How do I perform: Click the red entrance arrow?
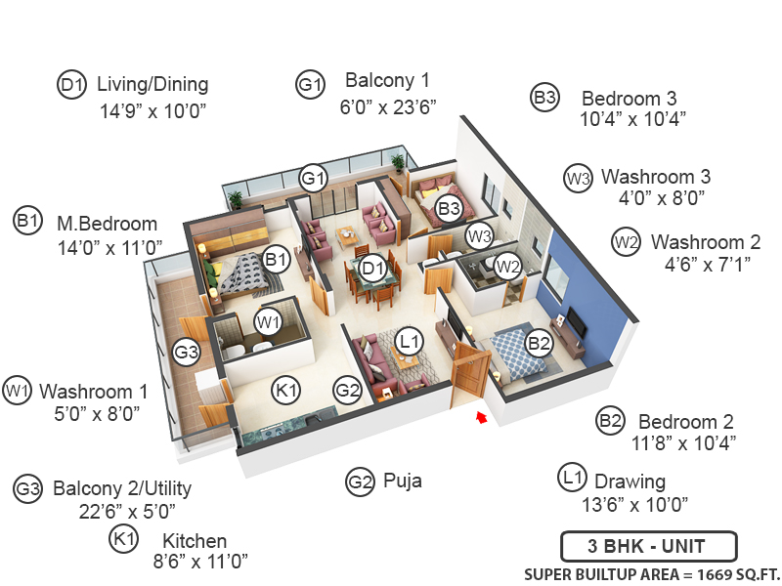[x=479, y=418]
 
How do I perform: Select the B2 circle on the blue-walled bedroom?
[x=539, y=342]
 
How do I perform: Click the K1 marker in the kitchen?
[x=285, y=391]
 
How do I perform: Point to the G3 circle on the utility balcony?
[x=187, y=352]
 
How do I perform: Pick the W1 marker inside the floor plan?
[x=268, y=320]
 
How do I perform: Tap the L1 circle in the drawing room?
[x=410, y=341]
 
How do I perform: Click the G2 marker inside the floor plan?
[x=348, y=391]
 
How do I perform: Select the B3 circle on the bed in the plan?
[x=449, y=208]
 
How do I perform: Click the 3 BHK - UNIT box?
[x=648, y=545]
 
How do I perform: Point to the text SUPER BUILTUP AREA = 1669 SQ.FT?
[x=651, y=573]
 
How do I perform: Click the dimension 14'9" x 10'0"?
[x=153, y=111]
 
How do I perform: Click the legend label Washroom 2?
[x=705, y=241]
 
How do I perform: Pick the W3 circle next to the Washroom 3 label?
[x=579, y=179]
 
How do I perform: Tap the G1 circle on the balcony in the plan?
[x=313, y=178]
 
